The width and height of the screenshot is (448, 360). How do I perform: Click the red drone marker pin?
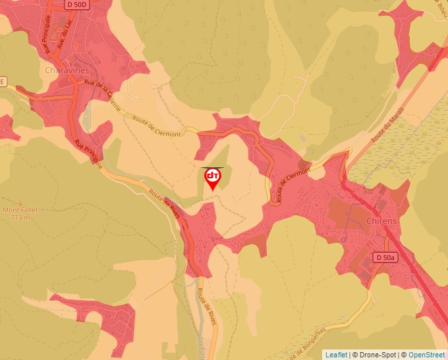213,178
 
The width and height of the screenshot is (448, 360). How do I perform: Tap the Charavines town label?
67,70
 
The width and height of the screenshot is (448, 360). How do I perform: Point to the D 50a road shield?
385,257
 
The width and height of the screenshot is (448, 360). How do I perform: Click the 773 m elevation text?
20,217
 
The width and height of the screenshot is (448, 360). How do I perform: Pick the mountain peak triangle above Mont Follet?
20,203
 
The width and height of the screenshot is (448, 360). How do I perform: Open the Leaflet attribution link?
335,355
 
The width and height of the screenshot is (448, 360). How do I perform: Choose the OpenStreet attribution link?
428,355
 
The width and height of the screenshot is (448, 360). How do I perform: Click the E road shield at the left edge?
3,82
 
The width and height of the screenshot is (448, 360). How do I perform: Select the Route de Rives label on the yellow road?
165,205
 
